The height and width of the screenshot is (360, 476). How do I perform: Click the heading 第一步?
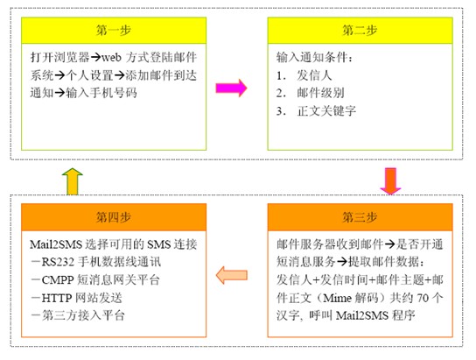[114, 31]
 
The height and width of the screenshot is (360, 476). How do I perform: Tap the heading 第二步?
[360, 31]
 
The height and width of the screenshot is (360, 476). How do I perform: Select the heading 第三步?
[360, 217]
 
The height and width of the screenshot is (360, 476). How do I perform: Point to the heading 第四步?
[114, 217]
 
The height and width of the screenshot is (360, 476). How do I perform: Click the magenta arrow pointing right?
[231, 88]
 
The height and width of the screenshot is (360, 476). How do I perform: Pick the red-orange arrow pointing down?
[391, 181]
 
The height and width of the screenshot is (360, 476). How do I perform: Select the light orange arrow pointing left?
[232, 275]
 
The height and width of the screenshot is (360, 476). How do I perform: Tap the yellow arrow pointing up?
[73, 181]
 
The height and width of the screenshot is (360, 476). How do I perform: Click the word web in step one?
[111, 58]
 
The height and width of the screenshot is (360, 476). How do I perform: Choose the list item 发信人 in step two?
[314, 75]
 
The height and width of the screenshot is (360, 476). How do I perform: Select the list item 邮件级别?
[320, 93]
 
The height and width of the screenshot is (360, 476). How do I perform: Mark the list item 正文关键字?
[326, 111]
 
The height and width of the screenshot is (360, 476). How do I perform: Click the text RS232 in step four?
[58, 262]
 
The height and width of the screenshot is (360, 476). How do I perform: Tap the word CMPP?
[58, 280]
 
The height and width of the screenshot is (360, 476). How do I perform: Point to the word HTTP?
[57, 298]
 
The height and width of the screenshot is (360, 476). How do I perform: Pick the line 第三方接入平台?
[83, 315]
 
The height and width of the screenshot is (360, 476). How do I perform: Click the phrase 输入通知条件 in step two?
[311, 58]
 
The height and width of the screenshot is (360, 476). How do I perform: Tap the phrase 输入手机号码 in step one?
[101, 93]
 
